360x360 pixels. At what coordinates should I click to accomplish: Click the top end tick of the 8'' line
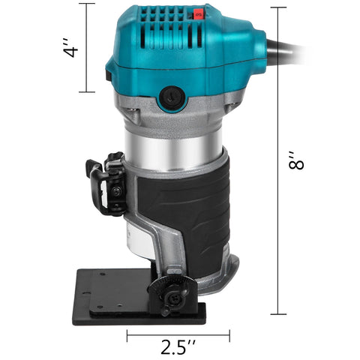tap(279, 7)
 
